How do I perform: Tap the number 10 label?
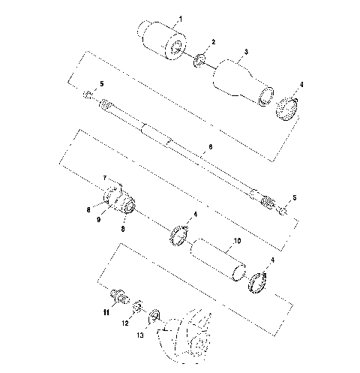coord(237,242)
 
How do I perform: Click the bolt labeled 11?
coord(118,295)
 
